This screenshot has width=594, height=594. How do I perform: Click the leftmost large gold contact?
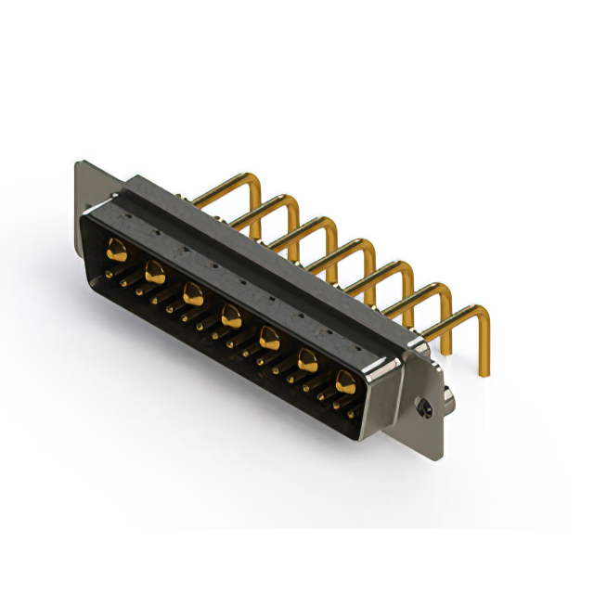[x=118, y=249]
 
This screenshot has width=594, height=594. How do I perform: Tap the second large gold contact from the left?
[x=155, y=272]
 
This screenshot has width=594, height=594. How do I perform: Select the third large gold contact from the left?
[x=193, y=294]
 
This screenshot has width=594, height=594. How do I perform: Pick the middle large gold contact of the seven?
[x=230, y=316]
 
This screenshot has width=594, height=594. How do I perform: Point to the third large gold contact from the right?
[x=268, y=336]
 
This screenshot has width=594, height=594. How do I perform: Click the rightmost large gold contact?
[x=345, y=380]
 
